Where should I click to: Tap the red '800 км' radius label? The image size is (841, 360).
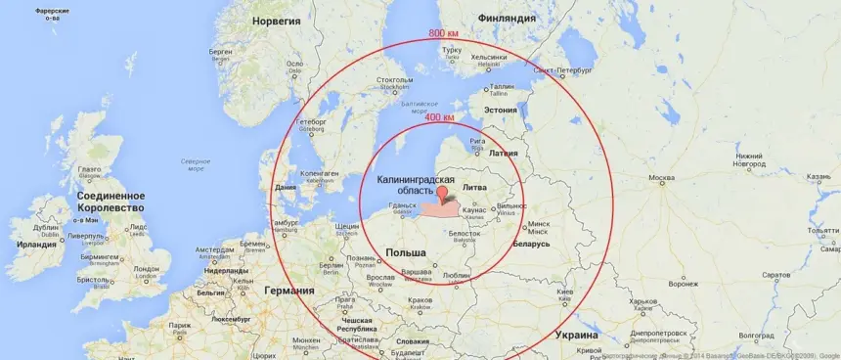click(x=444, y=33)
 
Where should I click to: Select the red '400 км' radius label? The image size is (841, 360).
click(x=439, y=118)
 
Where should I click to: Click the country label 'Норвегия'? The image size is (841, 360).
click(x=276, y=20)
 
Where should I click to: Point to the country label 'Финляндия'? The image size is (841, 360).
click(x=506, y=19)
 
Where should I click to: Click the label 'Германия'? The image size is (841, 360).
click(x=289, y=291)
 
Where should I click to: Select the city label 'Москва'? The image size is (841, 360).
click(x=663, y=178)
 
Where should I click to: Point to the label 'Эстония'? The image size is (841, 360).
click(x=500, y=110)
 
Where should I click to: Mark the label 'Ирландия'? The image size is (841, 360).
click(x=36, y=245)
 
